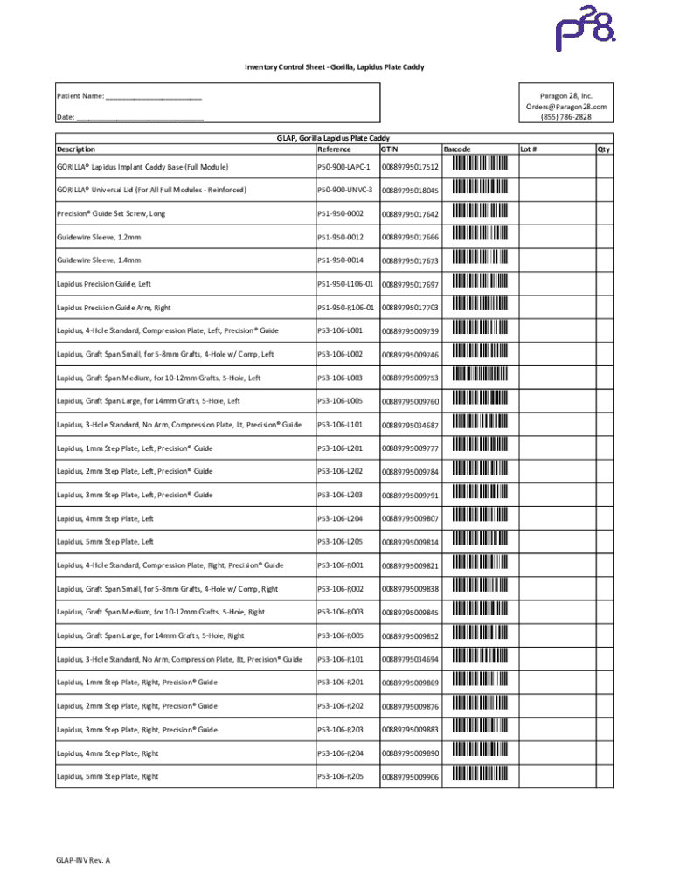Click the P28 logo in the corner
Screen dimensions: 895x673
click(586, 32)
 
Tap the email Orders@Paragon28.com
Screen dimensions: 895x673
click(565, 107)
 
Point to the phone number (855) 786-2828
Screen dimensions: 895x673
click(565, 117)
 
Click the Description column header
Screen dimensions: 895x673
click(76, 149)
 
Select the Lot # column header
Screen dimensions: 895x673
click(529, 149)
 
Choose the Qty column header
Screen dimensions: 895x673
click(603, 149)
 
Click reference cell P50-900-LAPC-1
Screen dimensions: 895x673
click(344, 167)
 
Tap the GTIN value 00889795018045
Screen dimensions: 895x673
click(410, 191)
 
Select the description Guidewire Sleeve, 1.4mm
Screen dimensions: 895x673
click(99, 260)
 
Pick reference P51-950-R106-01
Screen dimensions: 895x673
click(345, 308)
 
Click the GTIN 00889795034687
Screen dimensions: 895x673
click(410, 425)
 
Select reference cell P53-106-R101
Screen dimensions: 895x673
click(341, 659)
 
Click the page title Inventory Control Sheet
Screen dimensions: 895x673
click(334, 67)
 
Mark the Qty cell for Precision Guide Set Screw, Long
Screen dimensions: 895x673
click(603, 213)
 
